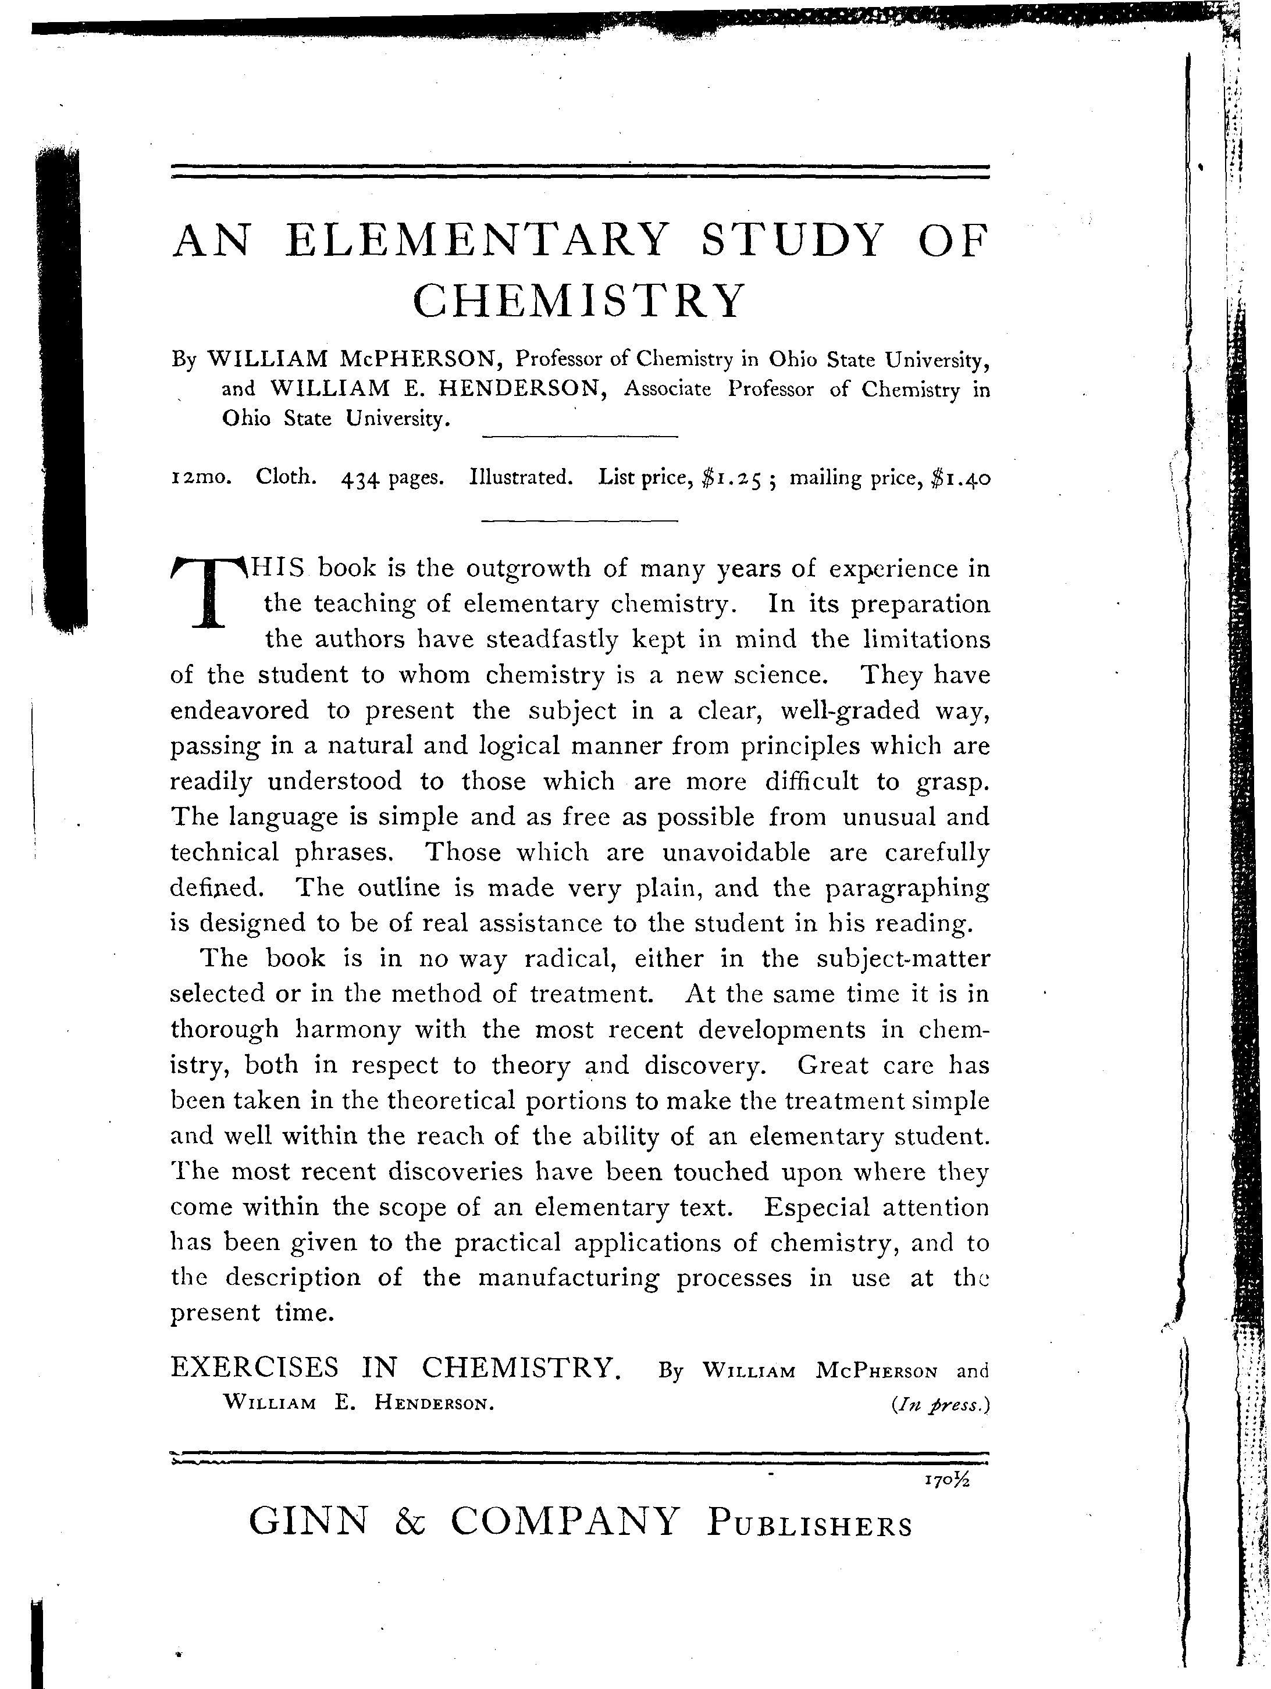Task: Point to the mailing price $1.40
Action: (961, 479)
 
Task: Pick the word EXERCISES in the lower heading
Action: (254, 1367)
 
